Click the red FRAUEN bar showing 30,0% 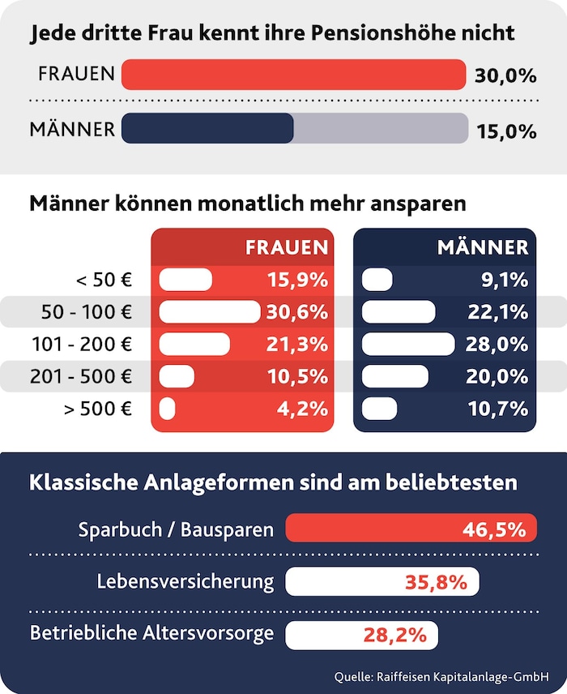[x=293, y=75]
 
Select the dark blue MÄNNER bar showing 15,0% [x=207, y=129]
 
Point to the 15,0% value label [x=505, y=130]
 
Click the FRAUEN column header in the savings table [x=287, y=247]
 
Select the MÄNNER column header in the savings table [x=483, y=247]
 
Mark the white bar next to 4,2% [x=168, y=409]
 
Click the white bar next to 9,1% [x=377, y=281]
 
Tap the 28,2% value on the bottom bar [x=394, y=635]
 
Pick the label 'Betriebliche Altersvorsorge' [x=151, y=633]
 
